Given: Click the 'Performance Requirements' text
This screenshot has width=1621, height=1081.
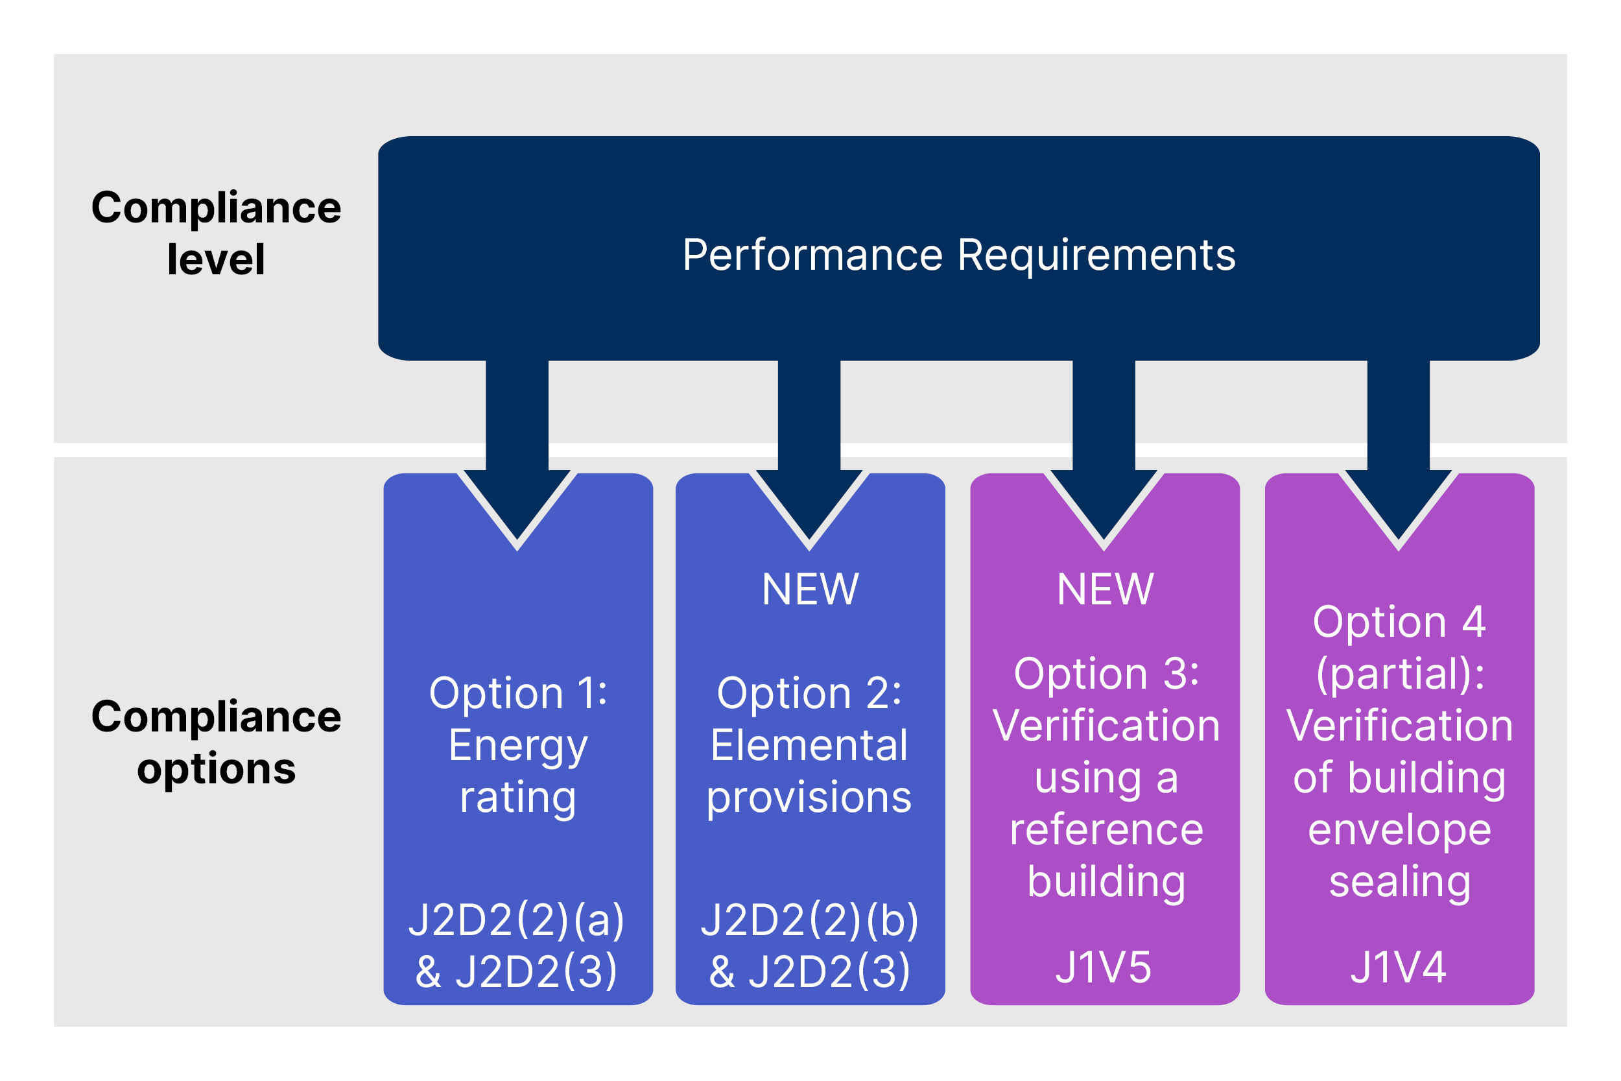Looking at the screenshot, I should point(959,255).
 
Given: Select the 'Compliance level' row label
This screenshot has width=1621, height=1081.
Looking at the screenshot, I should point(216,233).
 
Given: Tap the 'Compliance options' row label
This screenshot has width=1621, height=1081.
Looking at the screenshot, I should point(216,742).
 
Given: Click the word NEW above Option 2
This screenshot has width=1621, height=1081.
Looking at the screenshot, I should point(810,590).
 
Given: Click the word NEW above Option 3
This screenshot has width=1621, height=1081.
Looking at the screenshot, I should point(1105,590).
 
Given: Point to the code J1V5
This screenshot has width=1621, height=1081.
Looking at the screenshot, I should point(1104,968).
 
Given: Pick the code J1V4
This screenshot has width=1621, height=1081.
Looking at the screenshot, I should point(1399,968).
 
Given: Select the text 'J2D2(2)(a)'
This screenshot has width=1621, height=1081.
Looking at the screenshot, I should point(517,920).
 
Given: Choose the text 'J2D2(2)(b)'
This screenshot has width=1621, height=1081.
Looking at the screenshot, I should point(810,920).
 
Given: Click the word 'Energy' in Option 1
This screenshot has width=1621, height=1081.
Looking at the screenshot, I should point(518,746).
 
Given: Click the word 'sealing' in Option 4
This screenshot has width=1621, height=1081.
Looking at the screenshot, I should point(1400,882).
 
